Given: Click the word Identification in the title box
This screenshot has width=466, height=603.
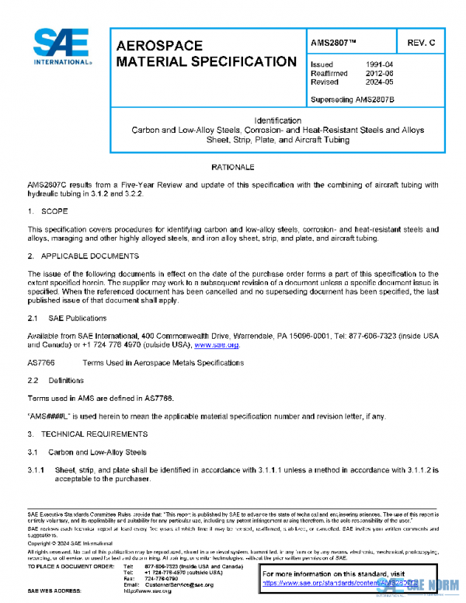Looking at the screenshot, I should (x=276, y=120).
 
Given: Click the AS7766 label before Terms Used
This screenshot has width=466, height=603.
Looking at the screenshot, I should (x=41, y=363).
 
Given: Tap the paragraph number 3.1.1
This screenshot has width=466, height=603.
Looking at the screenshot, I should (x=38, y=469).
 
